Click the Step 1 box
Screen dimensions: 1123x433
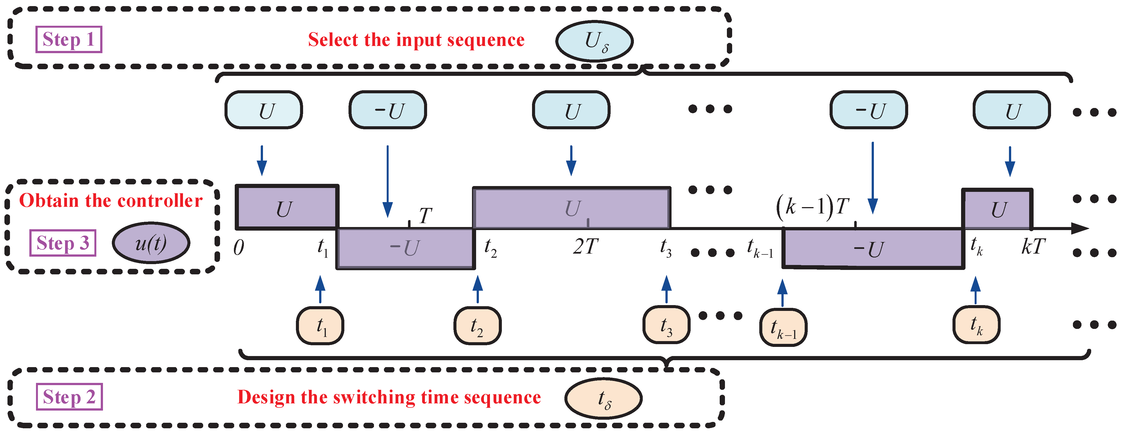pyautogui.click(x=69, y=40)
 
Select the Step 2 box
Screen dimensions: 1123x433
pyautogui.click(x=69, y=397)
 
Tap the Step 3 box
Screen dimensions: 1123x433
pyautogui.click(x=63, y=243)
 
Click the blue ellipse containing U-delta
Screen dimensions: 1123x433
pyautogui.click(x=594, y=41)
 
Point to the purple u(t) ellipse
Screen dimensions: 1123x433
pyautogui.click(x=151, y=243)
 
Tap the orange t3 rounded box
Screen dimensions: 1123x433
pyautogui.click(x=666, y=325)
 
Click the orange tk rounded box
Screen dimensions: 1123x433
pyautogui.click(x=976, y=325)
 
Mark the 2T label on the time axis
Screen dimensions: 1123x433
pyautogui.click(x=585, y=247)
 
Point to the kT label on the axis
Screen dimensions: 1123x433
pyautogui.click(x=1033, y=247)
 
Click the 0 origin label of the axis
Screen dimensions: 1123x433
pyautogui.click(x=238, y=248)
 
